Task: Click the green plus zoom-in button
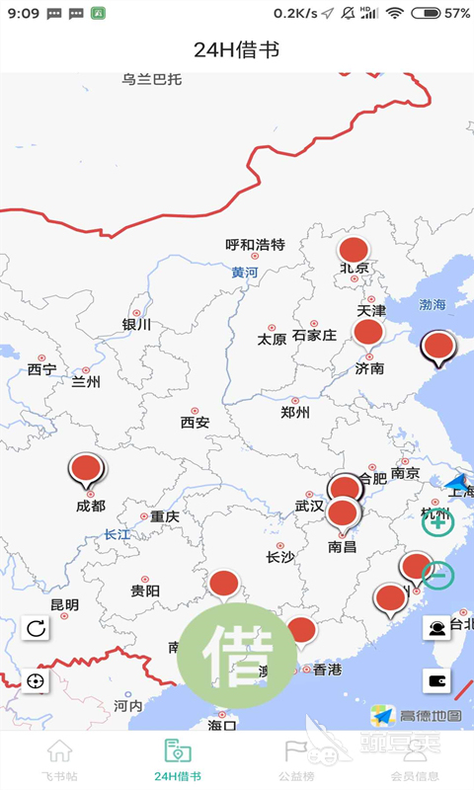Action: [x=437, y=522]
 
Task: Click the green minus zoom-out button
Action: [x=438, y=575]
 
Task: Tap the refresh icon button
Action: [x=36, y=628]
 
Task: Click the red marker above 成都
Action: [x=87, y=469]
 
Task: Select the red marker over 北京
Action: [x=354, y=250]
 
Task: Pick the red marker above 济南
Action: [x=368, y=332]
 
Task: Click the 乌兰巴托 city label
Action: [x=152, y=79]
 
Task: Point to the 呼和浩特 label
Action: [x=255, y=244]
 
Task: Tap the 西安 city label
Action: [x=195, y=422]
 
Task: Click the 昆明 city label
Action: [x=64, y=604]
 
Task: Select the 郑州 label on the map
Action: [x=295, y=412]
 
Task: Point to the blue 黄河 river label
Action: [x=245, y=273]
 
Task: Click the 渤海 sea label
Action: [x=433, y=304]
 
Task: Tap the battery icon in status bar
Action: [x=426, y=14]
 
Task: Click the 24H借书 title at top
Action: [x=237, y=49]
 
